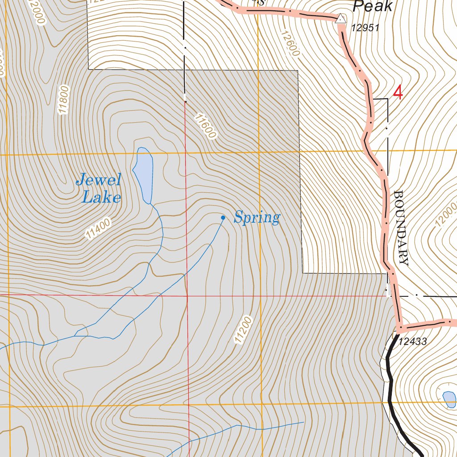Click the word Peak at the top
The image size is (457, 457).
(x=373, y=6)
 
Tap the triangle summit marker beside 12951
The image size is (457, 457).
(x=341, y=18)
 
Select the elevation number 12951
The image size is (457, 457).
(x=365, y=28)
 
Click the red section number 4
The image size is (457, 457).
(x=398, y=93)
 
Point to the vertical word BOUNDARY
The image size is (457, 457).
(x=401, y=228)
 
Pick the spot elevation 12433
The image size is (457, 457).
(x=413, y=342)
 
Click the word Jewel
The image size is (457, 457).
(x=99, y=181)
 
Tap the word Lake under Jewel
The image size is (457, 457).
(x=101, y=197)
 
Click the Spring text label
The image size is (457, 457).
(x=257, y=218)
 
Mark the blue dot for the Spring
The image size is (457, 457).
(x=223, y=218)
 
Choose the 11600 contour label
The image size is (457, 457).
(x=205, y=126)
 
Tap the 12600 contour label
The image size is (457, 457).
(x=290, y=43)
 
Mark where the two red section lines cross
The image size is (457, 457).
(x=187, y=295)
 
